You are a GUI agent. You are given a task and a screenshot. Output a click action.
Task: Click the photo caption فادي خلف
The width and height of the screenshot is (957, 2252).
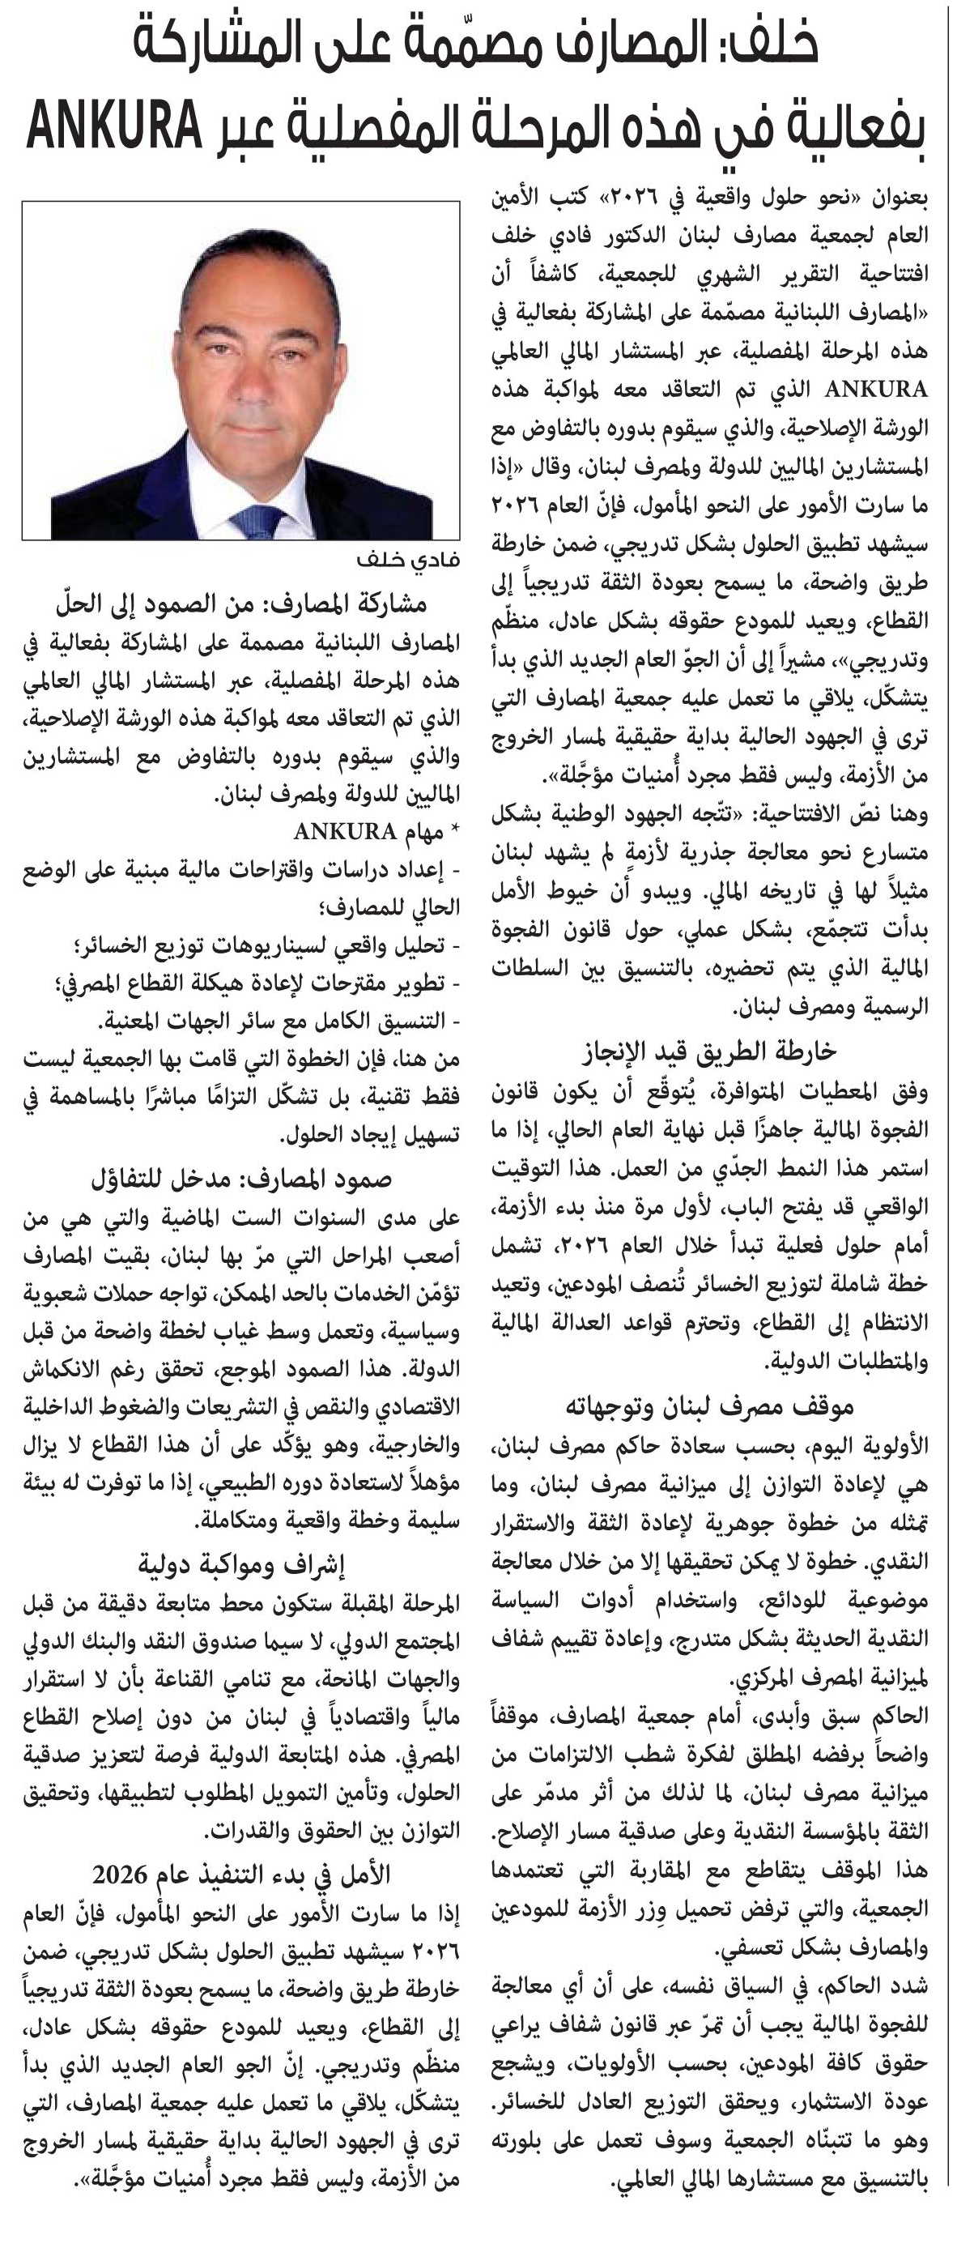(x=408, y=560)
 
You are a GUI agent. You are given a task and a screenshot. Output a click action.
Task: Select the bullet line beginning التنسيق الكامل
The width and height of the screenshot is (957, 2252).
(x=279, y=1021)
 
